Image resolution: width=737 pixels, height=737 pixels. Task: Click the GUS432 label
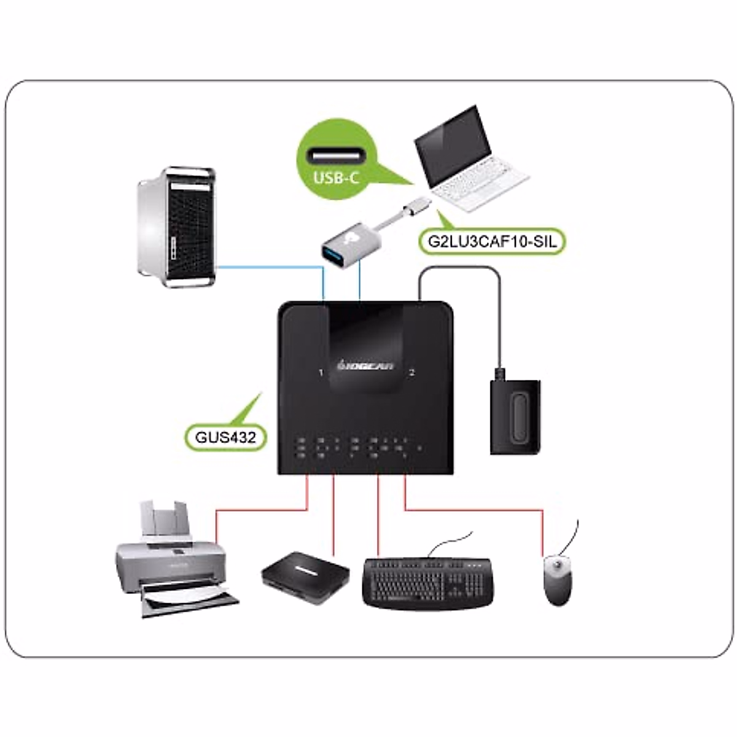pyautogui.click(x=225, y=438)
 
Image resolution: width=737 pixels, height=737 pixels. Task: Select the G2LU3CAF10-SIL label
pyautogui.click(x=493, y=241)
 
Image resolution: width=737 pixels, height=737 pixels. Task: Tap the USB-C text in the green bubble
pyautogui.click(x=336, y=177)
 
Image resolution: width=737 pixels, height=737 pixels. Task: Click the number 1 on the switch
pyautogui.click(x=321, y=373)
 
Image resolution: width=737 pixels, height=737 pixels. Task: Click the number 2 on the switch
pyautogui.click(x=412, y=373)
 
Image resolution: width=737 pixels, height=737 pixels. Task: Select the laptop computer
pyautogui.click(x=470, y=160)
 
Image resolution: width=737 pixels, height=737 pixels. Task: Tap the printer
pyautogui.click(x=172, y=559)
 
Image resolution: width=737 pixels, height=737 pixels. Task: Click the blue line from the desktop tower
pyautogui.click(x=270, y=267)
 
